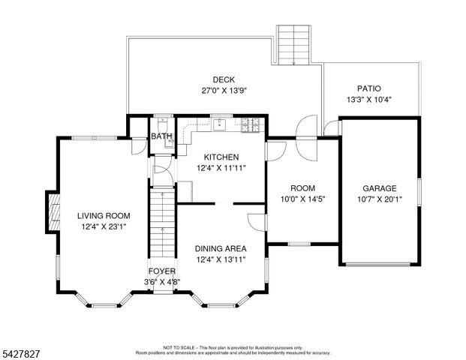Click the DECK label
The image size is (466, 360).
224,79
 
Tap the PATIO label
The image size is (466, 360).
369,88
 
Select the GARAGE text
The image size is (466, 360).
379,188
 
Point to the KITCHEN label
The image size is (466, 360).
221,157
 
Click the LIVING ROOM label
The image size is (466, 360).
104,215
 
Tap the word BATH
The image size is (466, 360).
161,136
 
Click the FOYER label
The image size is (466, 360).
162,271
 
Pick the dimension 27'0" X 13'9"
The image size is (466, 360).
224,90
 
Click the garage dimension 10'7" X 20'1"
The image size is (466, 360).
379,199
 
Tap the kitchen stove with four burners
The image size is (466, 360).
251,124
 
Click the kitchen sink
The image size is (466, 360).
218,124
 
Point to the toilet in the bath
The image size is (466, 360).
163,124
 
